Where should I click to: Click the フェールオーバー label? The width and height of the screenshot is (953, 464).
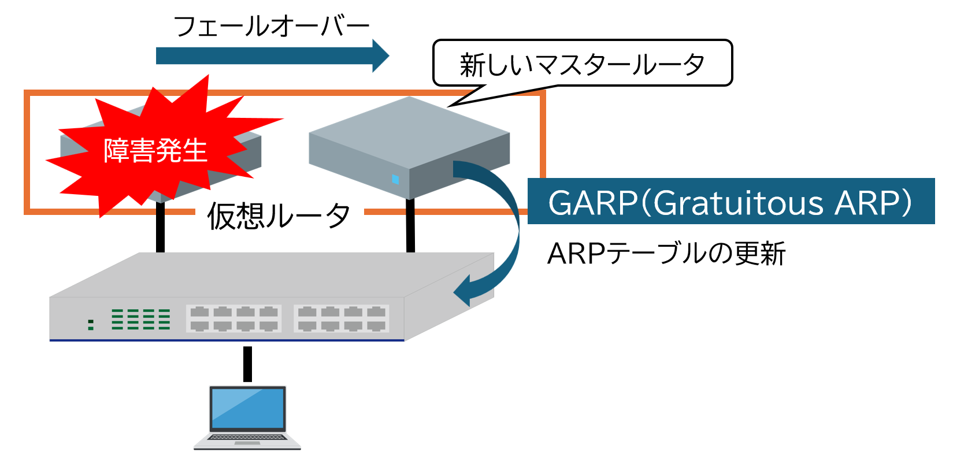point(271,27)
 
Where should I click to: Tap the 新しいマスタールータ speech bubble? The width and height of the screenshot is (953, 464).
point(582,64)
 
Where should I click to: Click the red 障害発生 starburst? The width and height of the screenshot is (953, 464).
point(155,150)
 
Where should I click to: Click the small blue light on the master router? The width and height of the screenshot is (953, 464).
point(395,179)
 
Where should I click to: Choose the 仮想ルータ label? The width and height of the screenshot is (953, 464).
point(279,216)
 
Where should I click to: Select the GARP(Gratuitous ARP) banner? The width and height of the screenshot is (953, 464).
point(730,202)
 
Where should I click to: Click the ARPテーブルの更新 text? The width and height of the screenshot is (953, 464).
point(666,254)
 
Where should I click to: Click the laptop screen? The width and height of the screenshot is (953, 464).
point(247,408)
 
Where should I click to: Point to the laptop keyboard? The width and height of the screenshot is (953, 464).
point(247,437)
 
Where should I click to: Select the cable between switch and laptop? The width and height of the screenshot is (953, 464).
point(247,363)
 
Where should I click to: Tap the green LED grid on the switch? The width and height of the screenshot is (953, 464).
point(140,319)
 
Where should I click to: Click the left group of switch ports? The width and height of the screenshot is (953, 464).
point(233,318)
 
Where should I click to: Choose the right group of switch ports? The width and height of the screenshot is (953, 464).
point(341,318)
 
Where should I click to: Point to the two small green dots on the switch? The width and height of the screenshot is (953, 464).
point(91,324)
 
